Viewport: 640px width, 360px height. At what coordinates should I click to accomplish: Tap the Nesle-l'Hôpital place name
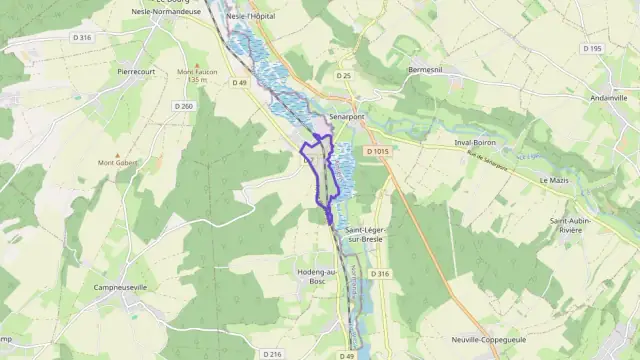tap(250, 17)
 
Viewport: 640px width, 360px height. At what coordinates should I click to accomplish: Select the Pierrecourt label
tap(139, 72)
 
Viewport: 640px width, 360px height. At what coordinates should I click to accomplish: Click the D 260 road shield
tap(183, 106)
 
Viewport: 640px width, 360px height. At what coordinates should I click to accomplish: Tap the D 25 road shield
tap(344, 75)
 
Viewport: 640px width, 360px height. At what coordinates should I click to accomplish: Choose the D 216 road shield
tap(271, 354)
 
